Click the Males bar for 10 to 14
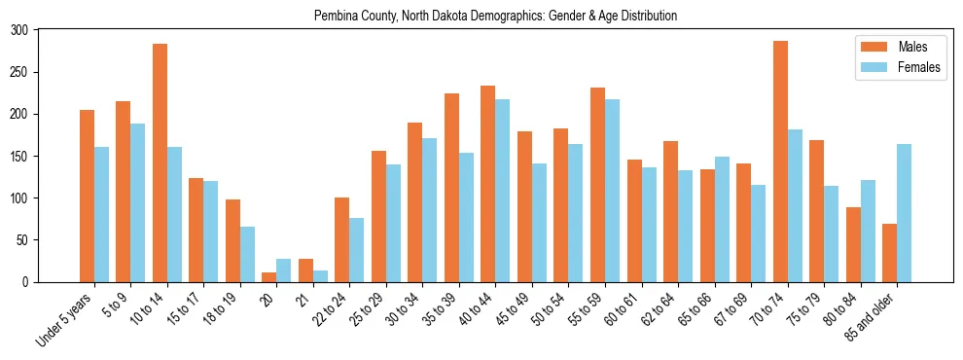(x=160, y=162)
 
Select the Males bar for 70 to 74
(x=780, y=162)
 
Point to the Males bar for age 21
(x=305, y=270)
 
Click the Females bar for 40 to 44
(x=503, y=191)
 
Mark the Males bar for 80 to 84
(x=853, y=244)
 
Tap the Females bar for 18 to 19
(x=247, y=254)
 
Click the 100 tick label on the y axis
(x=20, y=198)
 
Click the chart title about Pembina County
(x=495, y=16)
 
